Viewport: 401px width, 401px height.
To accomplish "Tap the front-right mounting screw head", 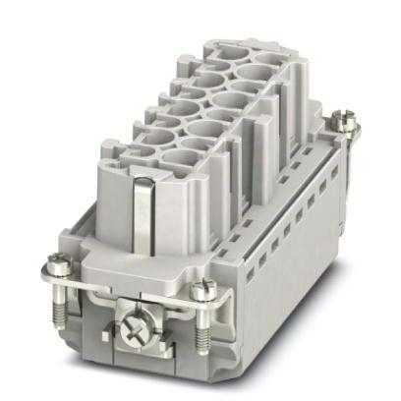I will point(203,287).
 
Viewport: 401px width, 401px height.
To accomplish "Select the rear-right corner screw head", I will point(343,120).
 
